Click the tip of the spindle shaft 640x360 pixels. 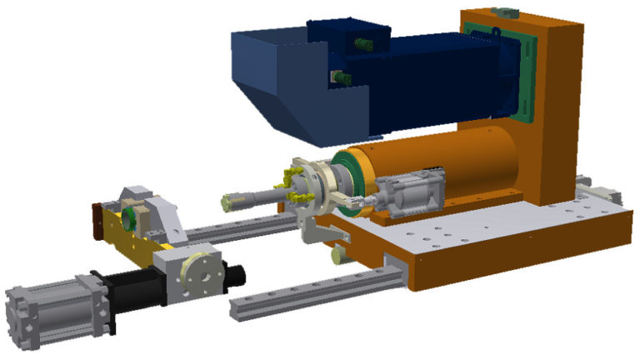[227, 202]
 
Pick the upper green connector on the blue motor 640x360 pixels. [362, 42]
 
